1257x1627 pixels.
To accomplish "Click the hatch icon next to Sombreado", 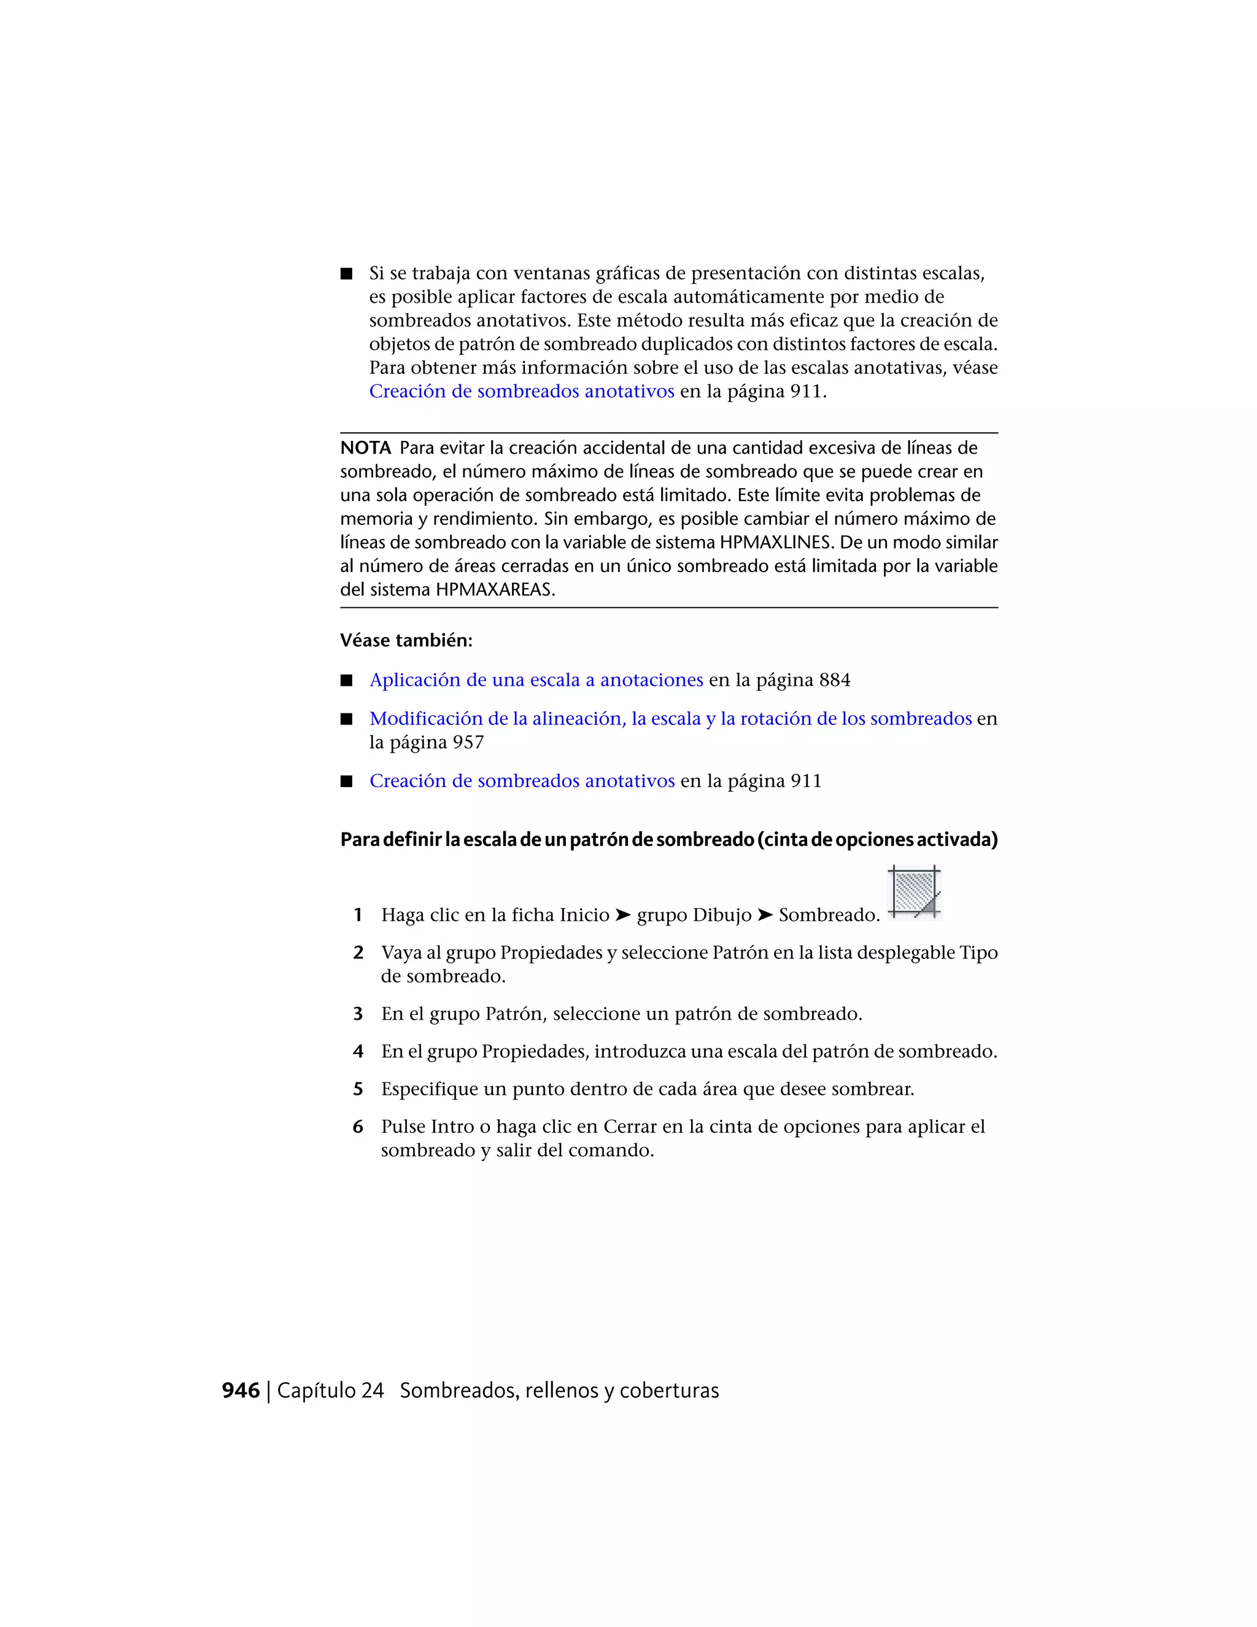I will pyautogui.click(x=915, y=893).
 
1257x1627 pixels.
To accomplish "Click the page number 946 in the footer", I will pyautogui.click(x=241, y=1391).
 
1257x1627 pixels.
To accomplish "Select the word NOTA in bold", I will pyautogui.click(x=365, y=448).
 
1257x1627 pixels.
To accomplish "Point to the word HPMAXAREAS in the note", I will pyautogui.click(x=495, y=590).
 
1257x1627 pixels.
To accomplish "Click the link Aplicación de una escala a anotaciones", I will pyautogui.click(x=536, y=680).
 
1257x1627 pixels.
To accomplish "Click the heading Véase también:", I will pyautogui.click(x=406, y=640).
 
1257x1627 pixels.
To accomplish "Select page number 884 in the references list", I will pyautogui.click(x=834, y=680).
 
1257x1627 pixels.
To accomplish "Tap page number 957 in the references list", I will pyautogui.click(x=468, y=743).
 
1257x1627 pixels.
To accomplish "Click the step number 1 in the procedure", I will pyautogui.click(x=357, y=915).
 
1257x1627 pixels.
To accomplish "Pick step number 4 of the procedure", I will pyautogui.click(x=357, y=1052).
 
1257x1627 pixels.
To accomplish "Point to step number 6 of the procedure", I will pyautogui.click(x=357, y=1127).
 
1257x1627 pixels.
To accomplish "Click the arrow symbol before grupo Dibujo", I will pyautogui.click(x=622, y=915).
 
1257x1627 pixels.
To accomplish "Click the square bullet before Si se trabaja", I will pyautogui.click(x=346, y=273).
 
